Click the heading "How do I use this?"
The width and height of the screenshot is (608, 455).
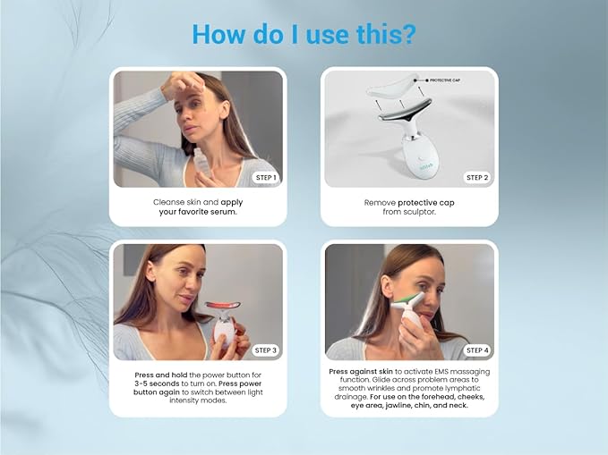point(304,33)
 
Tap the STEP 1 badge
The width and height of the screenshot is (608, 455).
point(266,178)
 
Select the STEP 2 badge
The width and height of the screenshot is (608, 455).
point(477,178)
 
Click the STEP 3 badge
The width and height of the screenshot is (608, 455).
point(266,350)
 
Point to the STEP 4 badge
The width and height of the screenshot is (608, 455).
point(477,350)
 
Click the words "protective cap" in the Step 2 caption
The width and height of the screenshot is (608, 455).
point(425,203)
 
